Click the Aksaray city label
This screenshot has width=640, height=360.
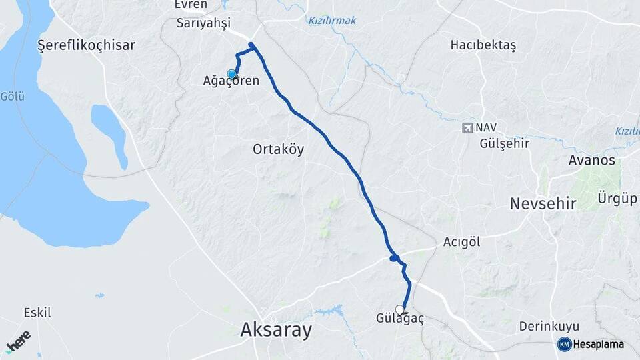point(277,329)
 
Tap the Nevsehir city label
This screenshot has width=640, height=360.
point(542,203)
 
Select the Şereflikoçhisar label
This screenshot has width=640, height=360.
point(87,45)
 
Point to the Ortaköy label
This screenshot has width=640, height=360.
point(279,149)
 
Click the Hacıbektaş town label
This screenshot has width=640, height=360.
point(483,45)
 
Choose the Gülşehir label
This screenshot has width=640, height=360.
point(504,143)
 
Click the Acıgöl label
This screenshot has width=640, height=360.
point(461,242)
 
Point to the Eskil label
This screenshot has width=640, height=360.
point(37,312)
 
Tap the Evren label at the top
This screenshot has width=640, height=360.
point(191,5)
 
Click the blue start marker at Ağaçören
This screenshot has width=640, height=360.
point(232,75)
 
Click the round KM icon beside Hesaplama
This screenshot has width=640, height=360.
point(564,344)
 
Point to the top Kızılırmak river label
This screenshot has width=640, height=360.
point(331,21)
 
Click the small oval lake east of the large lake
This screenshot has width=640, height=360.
point(109,133)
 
